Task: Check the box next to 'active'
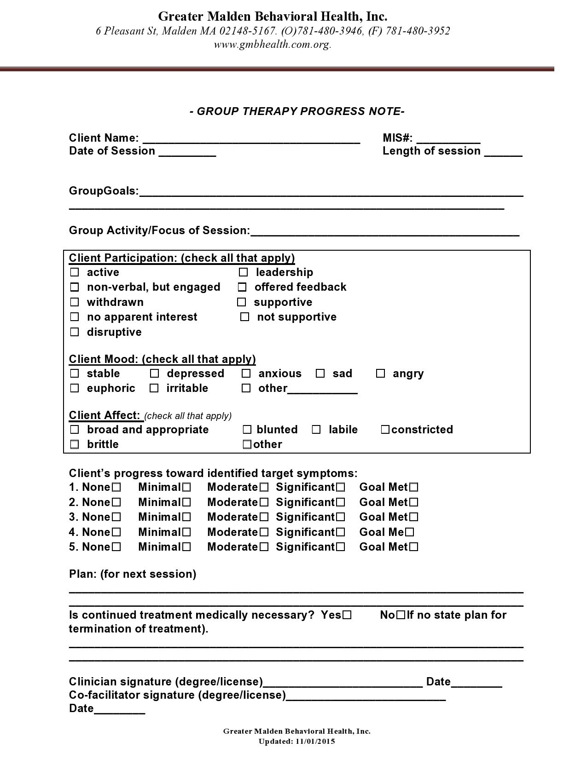(x=74, y=272)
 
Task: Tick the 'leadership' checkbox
(x=244, y=272)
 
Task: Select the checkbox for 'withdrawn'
(x=74, y=302)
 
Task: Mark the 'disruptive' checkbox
(x=74, y=332)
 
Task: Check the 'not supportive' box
(x=245, y=317)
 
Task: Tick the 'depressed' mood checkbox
(x=155, y=374)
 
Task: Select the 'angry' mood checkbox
(x=380, y=374)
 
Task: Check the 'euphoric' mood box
(x=74, y=388)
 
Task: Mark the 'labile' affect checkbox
(x=316, y=430)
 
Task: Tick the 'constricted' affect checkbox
(x=385, y=430)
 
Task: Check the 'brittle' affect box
(x=74, y=444)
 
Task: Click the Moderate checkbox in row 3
(x=264, y=517)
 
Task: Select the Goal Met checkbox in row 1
(x=414, y=487)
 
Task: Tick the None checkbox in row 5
(x=116, y=547)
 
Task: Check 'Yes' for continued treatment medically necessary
(x=347, y=615)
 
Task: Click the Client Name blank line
(x=251, y=139)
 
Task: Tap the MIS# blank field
(x=448, y=139)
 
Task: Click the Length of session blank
(x=503, y=152)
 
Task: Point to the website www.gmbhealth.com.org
(x=273, y=45)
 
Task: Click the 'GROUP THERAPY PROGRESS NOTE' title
(x=297, y=111)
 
